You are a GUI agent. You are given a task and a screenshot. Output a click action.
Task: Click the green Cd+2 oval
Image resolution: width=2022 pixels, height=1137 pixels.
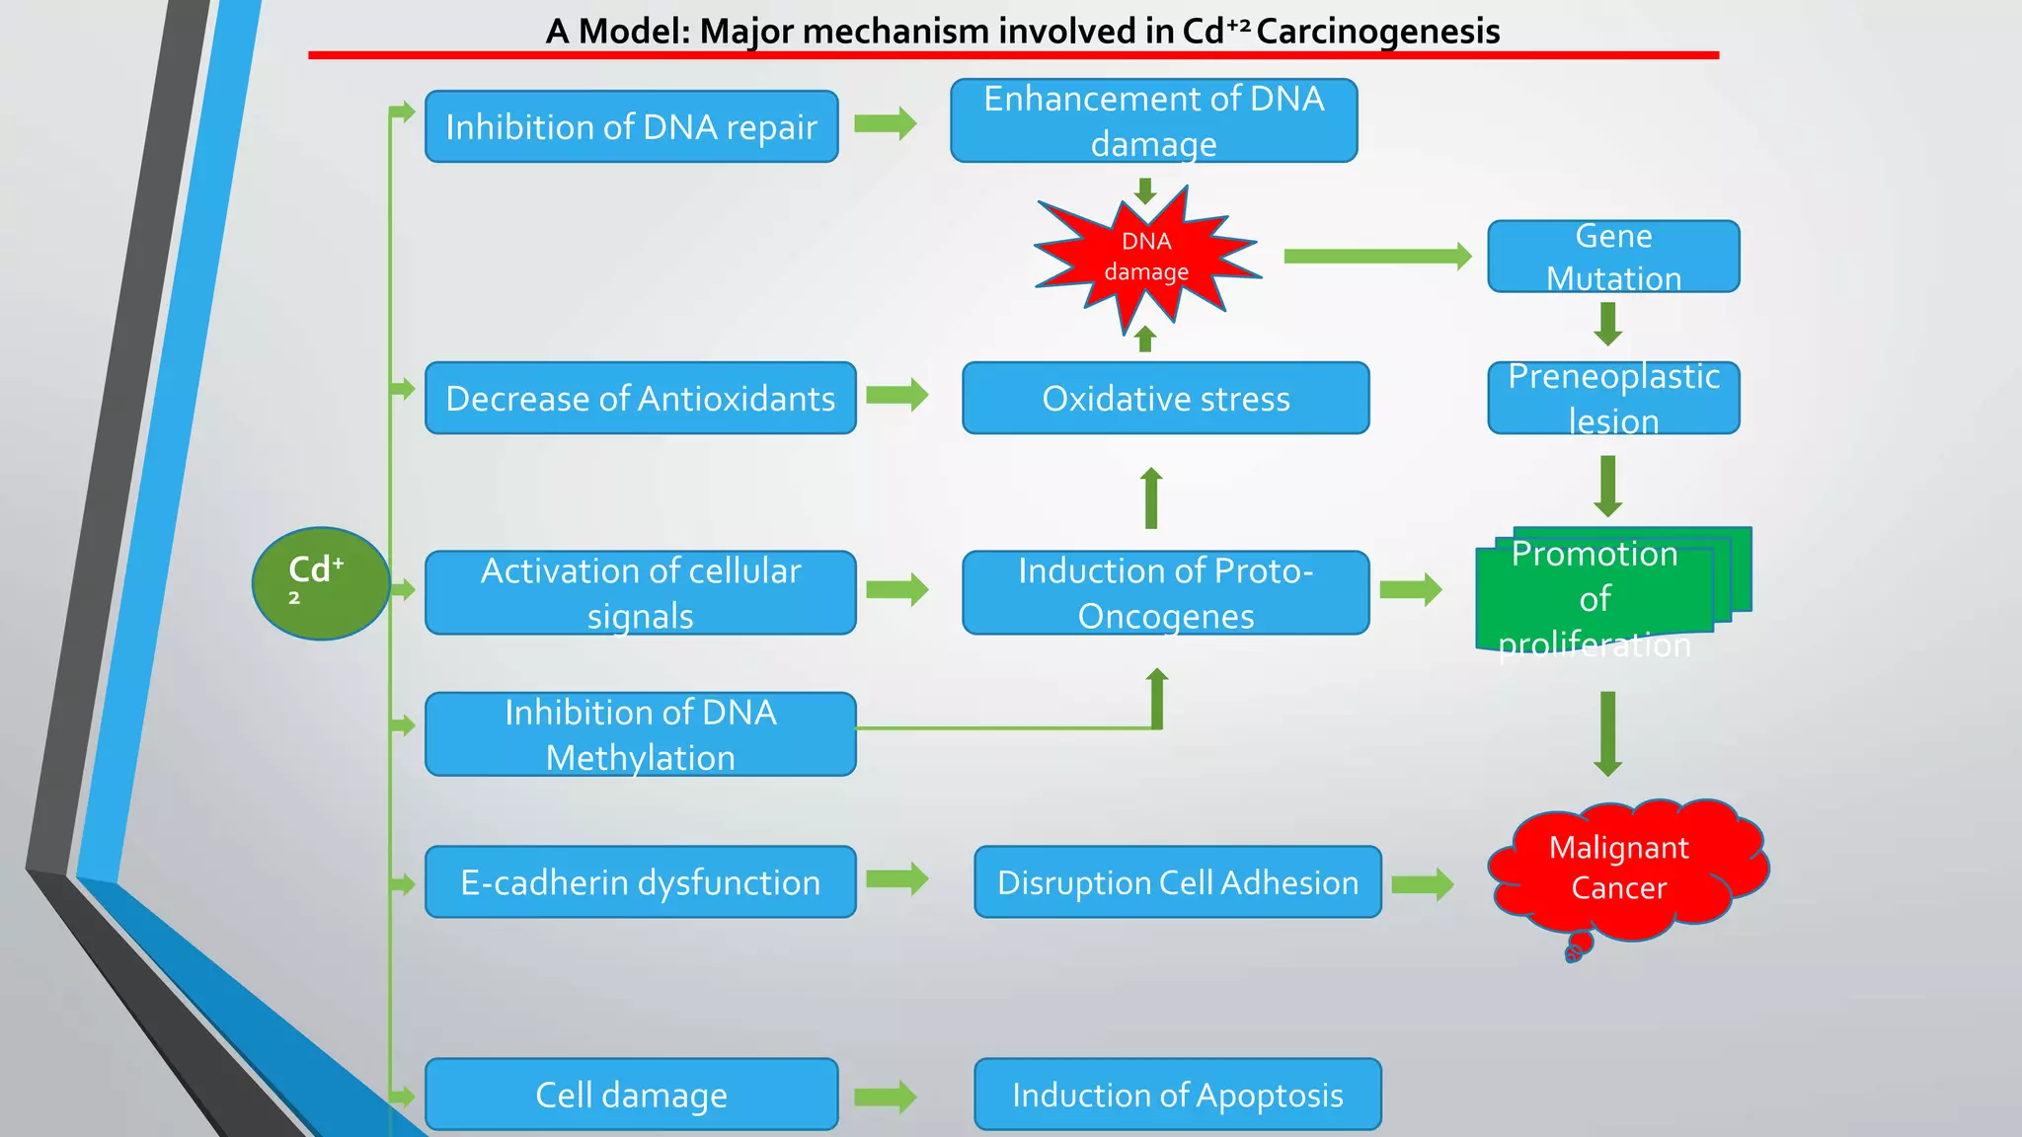pyautogui.click(x=321, y=582)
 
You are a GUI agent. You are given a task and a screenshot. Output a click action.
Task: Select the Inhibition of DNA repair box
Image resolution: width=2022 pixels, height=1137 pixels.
pyautogui.click(x=631, y=126)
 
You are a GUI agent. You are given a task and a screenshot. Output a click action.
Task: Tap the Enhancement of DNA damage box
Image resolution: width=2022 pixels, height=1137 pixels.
pyautogui.click(x=1153, y=120)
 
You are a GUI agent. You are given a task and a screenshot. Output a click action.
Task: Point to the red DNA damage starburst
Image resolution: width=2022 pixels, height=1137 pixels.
pyautogui.click(x=1146, y=257)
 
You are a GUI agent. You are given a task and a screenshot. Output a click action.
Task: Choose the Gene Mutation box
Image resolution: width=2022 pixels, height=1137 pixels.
pyautogui.click(x=1613, y=257)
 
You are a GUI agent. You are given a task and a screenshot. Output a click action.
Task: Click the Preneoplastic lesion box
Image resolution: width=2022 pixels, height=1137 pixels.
pyautogui.click(x=1613, y=398)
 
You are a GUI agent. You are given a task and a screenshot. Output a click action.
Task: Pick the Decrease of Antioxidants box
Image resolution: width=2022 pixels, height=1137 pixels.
pyautogui.click(x=640, y=398)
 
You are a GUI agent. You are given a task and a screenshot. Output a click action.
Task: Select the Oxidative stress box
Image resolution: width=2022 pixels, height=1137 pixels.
pyautogui.click(x=1165, y=398)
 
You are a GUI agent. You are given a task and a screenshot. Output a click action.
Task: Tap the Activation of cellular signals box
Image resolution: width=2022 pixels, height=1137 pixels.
pyautogui.click(x=640, y=592)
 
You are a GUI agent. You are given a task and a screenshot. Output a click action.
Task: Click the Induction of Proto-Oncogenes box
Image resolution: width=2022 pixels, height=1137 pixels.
pyautogui.click(x=1165, y=592)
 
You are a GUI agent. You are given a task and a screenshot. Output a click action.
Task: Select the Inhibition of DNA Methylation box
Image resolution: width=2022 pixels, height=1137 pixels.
pyautogui.click(x=640, y=734)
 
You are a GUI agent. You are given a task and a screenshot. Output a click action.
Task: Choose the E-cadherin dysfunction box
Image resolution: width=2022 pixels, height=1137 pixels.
pyautogui.click(x=640, y=881)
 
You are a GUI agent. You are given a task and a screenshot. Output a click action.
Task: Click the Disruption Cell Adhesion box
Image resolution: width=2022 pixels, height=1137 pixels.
pyautogui.click(x=1177, y=881)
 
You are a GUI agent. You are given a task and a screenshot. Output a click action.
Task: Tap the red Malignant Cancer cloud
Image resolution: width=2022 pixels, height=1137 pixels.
pyautogui.click(x=1624, y=869)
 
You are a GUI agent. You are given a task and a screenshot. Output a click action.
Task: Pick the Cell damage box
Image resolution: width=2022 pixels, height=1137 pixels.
pyautogui.click(x=631, y=1094)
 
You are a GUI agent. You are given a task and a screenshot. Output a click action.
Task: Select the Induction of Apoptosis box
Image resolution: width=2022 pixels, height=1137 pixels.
pyautogui.click(x=1177, y=1094)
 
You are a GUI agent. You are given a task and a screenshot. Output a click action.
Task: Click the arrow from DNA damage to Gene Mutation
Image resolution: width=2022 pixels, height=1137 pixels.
pyautogui.click(x=1377, y=257)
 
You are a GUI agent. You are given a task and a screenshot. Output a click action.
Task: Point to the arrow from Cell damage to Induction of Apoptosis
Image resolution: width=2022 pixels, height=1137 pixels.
pyautogui.click(x=886, y=1097)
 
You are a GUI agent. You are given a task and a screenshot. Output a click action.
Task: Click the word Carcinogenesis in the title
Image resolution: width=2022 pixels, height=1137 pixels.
pyautogui.click(x=1377, y=32)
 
